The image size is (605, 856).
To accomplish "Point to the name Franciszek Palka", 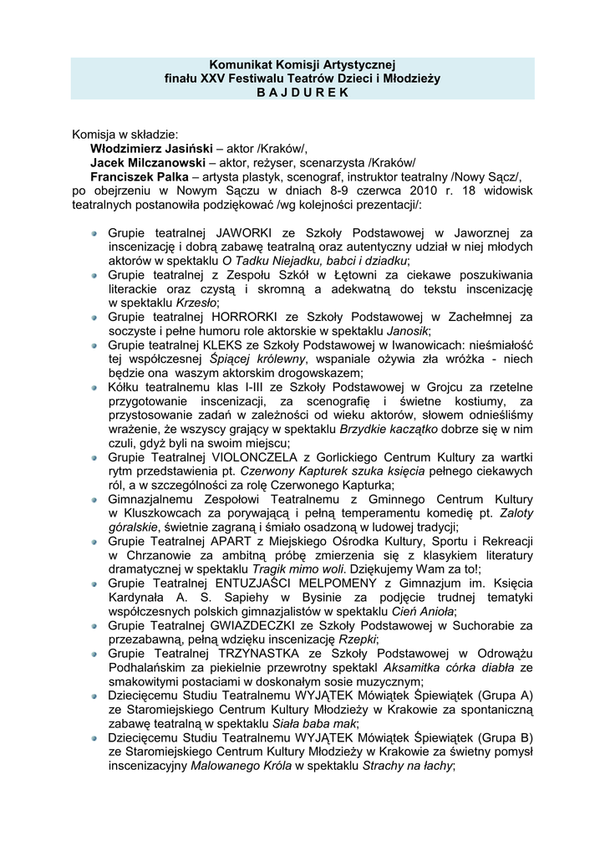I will (140, 176).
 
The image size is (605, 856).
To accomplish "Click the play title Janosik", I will (408, 331).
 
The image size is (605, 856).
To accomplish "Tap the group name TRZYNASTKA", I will (262, 655).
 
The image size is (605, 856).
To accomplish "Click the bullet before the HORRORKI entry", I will (97, 318).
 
